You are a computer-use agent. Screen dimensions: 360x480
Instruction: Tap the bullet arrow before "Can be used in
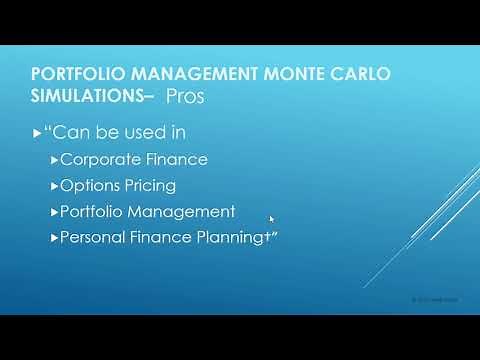click(x=37, y=133)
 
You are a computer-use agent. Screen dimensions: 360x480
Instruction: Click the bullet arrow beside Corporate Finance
click(x=55, y=160)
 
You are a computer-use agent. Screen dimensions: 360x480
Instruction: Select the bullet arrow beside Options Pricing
click(x=55, y=186)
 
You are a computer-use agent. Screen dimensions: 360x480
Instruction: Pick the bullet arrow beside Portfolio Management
click(x=55, y=212)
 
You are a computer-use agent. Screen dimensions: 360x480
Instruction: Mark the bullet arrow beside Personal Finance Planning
click(x=55, y=238)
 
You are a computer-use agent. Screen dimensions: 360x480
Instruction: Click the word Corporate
click(x=98, y=159)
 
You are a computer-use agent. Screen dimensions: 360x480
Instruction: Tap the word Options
click(x=89, y=186)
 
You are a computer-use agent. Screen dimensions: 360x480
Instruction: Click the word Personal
click(x=92, y=238)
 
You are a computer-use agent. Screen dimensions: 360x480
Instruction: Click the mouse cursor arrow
click(x=272, y=219)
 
